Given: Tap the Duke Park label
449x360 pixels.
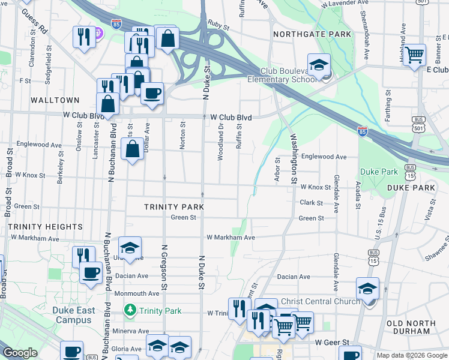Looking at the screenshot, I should tap(379, 172).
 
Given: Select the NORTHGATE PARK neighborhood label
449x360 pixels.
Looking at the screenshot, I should tap(312, 34).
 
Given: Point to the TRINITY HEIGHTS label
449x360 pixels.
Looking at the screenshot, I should tap(46, 227).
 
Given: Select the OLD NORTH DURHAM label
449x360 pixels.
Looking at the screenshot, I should tap(411, 327).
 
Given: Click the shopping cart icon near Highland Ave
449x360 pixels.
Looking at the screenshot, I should tap(414, 55).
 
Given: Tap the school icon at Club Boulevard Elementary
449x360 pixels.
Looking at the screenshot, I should tap(319, 64).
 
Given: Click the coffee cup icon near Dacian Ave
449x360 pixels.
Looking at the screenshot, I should tap(91, 272).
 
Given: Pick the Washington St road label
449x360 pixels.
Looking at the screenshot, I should tap(294, 158).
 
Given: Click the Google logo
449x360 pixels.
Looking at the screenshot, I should tap(20, 353).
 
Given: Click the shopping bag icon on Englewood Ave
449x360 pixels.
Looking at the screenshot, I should tap(132, 148).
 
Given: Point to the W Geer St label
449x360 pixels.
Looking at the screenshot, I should tap(332, 342).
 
